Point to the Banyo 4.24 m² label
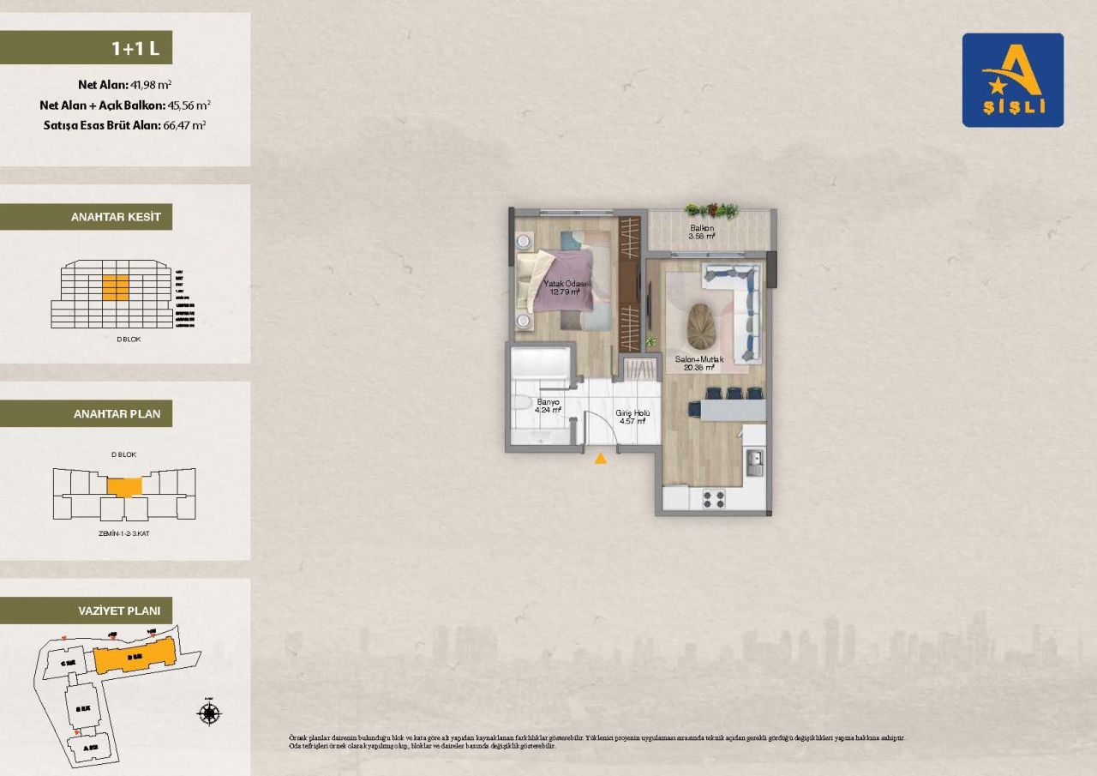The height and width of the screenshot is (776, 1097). pos(548,406)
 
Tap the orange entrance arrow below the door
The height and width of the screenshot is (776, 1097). pos(601,459)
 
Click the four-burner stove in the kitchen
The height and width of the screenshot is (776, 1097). pos(713,496)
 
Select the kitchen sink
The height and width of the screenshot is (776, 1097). pos(754,464)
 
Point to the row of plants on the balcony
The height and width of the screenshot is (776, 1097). pos(711,210)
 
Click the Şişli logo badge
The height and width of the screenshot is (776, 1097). pos(1012,80)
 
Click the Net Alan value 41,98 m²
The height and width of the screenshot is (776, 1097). pos(151,85)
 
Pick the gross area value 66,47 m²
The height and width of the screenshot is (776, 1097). pos(184,124)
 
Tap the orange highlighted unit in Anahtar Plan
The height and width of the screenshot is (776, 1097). pos(125,486)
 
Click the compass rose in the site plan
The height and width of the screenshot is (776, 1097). pos(209,713)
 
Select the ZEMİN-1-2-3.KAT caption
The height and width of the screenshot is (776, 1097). pos(124,533)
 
